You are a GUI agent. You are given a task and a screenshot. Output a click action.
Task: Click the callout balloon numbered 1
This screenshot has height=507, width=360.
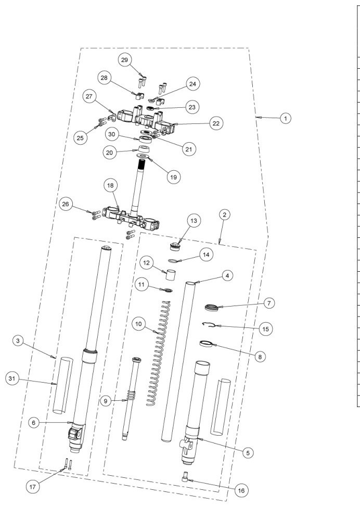point(285,118)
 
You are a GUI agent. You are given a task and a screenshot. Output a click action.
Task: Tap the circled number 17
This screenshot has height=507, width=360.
point(33,487)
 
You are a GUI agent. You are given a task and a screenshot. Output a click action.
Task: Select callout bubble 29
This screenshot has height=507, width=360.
point(125,60)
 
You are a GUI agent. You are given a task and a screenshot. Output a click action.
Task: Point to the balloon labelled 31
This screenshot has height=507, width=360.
point(12,378)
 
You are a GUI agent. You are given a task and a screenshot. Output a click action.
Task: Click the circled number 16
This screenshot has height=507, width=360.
point(241,490)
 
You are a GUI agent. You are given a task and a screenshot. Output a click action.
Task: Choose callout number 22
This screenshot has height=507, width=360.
point(216,123)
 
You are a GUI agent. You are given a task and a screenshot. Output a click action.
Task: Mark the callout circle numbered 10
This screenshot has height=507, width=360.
point(138,324)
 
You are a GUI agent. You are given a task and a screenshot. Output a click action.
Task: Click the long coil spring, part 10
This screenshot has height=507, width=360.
point(158,353)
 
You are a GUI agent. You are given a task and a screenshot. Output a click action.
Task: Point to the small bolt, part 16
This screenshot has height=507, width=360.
point(185,477)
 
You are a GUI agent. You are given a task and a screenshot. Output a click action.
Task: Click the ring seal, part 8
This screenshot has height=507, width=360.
point(206,344)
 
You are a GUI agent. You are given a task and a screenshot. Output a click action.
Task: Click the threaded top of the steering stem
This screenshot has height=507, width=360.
point(142,163)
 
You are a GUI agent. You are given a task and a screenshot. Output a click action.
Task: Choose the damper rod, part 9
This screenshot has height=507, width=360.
point(132,398)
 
